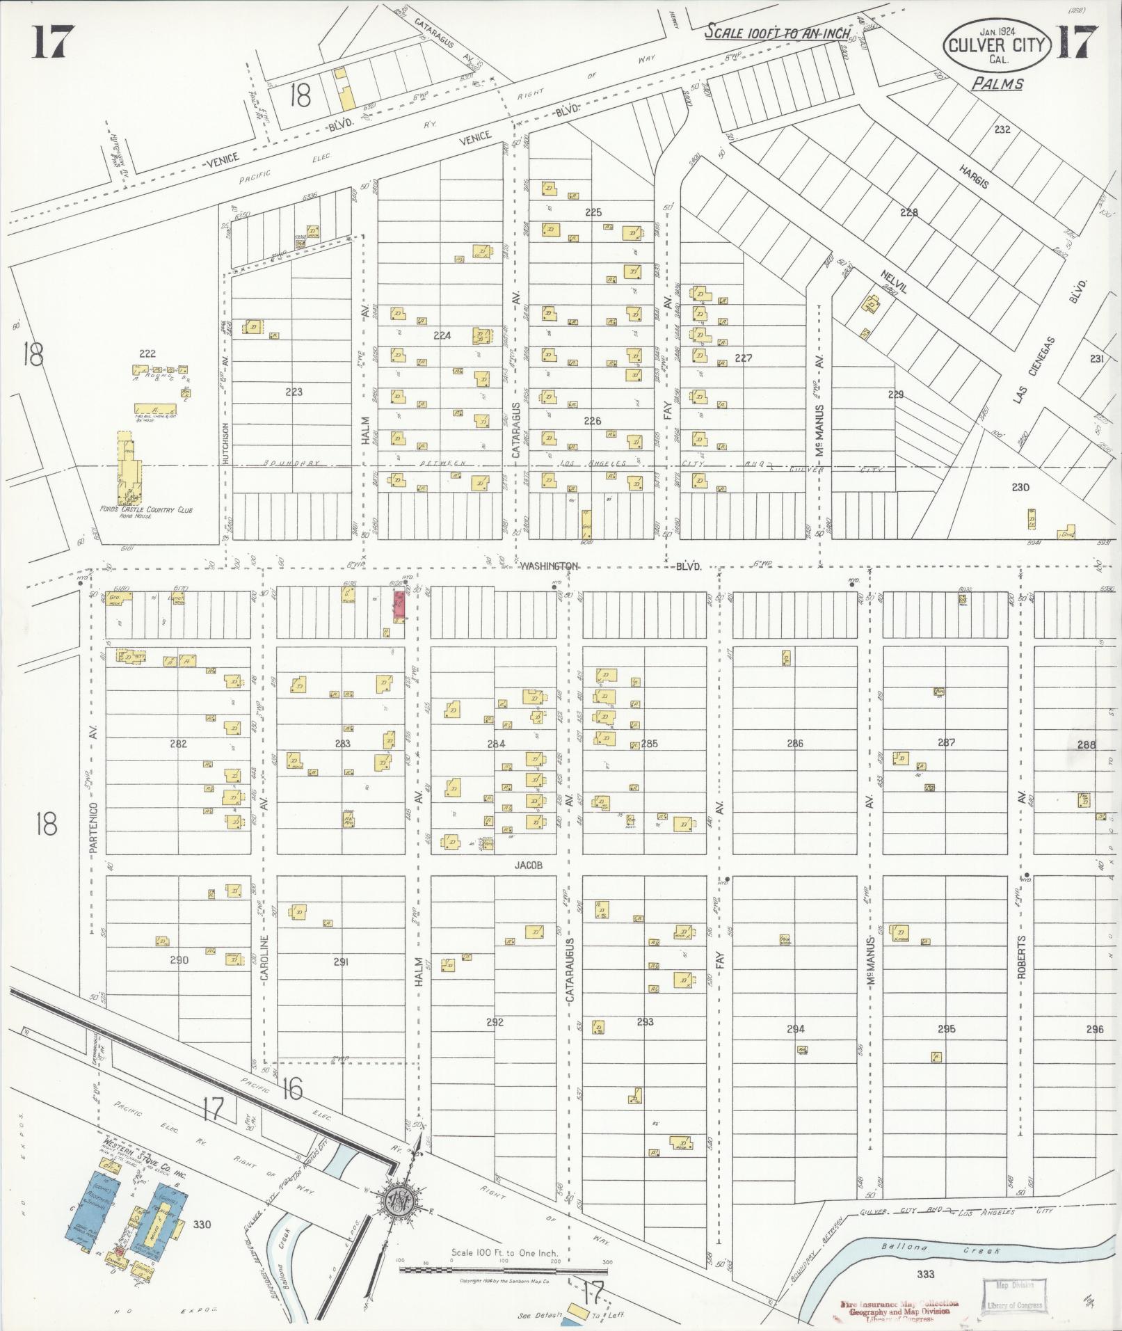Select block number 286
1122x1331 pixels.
point(794,744)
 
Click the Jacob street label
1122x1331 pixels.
point(528,866)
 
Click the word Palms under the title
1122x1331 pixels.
point(997,84)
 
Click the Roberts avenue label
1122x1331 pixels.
point(1021,957)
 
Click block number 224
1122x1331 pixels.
point(442,335)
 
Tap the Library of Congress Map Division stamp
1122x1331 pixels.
point(1014,1296)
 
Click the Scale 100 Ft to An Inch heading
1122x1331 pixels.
point(777,33)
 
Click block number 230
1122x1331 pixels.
point(1020,488)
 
